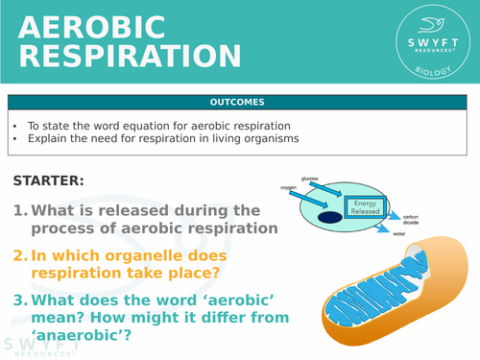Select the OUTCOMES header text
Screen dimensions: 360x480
click(239, 102)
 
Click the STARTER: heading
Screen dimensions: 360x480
click(49, 180)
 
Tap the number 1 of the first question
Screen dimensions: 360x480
click(19, 210)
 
